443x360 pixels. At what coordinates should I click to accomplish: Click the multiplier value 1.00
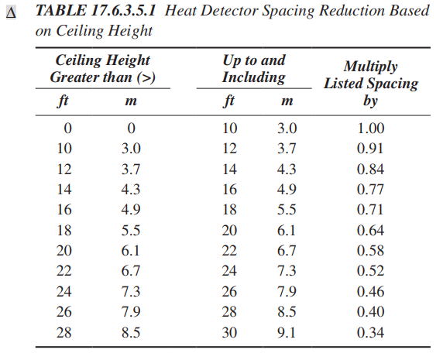370,129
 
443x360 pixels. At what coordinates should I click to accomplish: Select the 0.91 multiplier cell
370,149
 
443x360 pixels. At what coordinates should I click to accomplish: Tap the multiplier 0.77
370,189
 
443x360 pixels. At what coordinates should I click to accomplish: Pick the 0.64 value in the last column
370,230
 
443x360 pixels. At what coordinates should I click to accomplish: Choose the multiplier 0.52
370,270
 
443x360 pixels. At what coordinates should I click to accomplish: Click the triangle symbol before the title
10,13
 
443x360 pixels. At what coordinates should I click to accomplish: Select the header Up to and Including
253,69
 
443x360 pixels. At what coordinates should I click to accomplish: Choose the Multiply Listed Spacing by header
370,84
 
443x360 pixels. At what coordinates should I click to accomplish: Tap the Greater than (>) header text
102,77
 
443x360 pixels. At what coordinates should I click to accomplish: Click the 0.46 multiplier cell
370,291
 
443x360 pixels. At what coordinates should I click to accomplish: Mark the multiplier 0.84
370,169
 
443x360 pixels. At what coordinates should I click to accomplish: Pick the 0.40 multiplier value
370,311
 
